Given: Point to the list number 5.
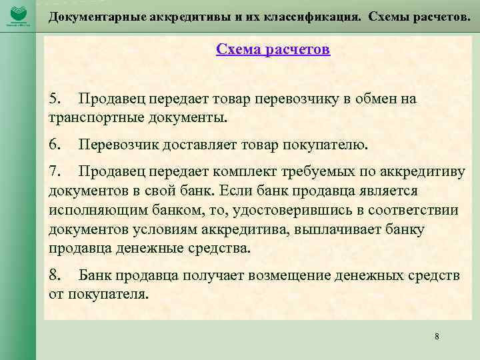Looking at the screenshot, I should point(55,99).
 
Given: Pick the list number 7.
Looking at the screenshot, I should point(55,173).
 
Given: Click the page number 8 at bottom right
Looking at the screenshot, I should point(437,337).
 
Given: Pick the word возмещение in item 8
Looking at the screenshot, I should point(261,275).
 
